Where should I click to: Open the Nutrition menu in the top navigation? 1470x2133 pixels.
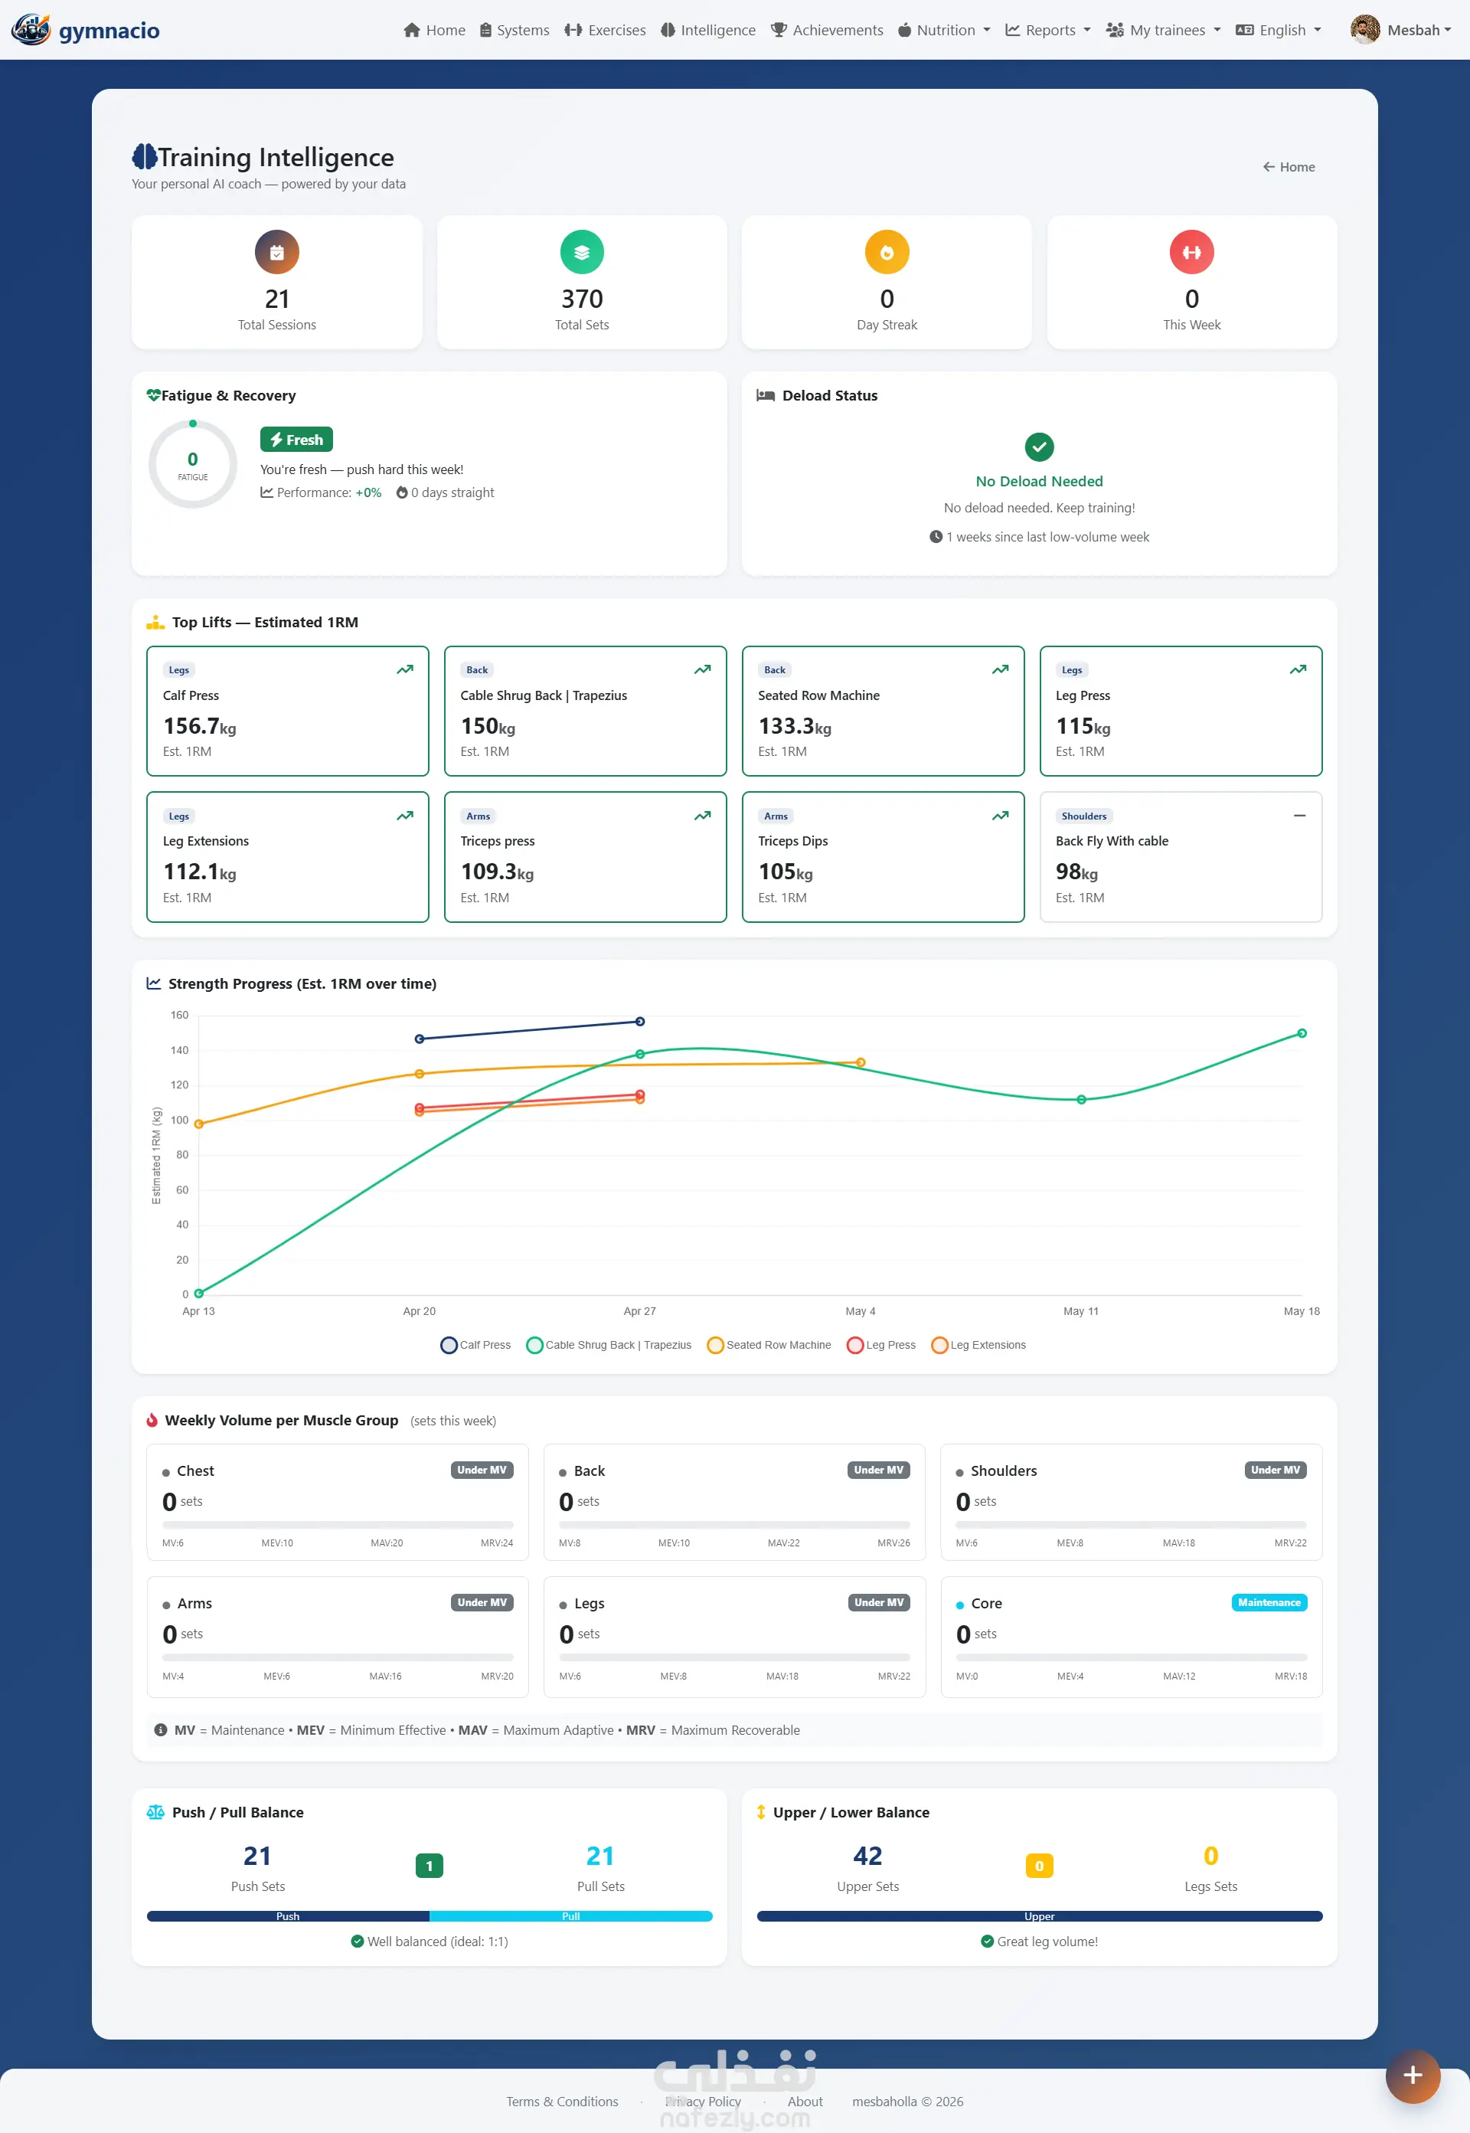(944, 31)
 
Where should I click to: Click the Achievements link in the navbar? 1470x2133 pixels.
(826, 31)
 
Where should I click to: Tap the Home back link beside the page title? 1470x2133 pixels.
(1289, 167)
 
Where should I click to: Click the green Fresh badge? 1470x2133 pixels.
(296, 440)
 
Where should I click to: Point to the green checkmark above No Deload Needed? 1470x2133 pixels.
(1039, 447)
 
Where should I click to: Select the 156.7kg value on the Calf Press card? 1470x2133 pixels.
(200, 726)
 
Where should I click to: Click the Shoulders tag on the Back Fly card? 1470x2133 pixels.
(1084, 816)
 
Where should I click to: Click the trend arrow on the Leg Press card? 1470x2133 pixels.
(1298, 670)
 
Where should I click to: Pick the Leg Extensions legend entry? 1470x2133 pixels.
(978, 1345)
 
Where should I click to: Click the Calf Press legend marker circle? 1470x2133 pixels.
(449, 1345)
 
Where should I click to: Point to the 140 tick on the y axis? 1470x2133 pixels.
(180, 1050)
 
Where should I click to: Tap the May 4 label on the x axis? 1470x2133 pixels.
(861, 1311)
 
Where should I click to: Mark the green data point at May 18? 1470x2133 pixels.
(1302, 1034)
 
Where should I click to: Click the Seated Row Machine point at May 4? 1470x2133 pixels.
(861, 1062)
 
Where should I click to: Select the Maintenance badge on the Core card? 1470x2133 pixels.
(1269, 1602)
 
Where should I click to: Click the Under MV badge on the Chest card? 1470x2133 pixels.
(482, 1470)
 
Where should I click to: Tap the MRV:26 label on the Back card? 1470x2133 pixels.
(893, 1542)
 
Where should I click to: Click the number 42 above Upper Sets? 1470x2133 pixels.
(867, 1856)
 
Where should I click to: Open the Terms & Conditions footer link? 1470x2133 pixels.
(562, 2102)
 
